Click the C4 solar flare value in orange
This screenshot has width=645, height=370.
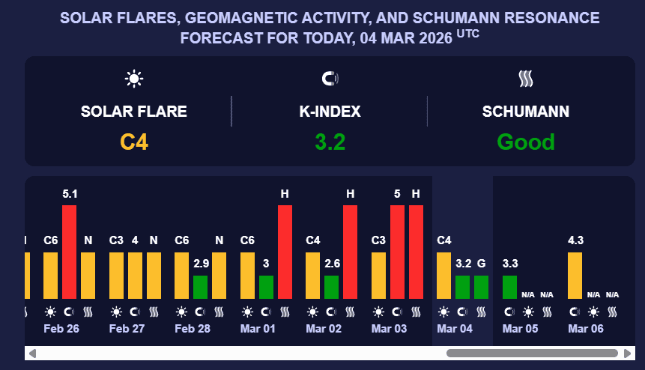pos(134,142)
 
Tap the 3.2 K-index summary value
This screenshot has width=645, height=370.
pos(330,142)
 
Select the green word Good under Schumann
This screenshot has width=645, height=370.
pos(526,142)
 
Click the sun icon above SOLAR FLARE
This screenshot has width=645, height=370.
pos(134,78)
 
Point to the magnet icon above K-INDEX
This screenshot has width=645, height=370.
pos(330,78)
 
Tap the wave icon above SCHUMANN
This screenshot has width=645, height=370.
pos(525,78)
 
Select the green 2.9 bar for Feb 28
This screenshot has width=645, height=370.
pos(200,287)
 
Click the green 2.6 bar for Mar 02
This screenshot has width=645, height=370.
pos(331,287)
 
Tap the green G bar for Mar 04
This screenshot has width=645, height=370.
pos(481,287)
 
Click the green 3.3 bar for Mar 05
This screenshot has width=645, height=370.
pos(509,287)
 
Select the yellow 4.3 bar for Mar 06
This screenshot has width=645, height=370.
pos(575,275)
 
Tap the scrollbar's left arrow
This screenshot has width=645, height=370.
pos(32,353)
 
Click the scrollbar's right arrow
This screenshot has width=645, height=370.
pos(628,353)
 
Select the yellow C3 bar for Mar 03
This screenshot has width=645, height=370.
pos(378,275)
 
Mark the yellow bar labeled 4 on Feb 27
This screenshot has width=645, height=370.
pos(135,275)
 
